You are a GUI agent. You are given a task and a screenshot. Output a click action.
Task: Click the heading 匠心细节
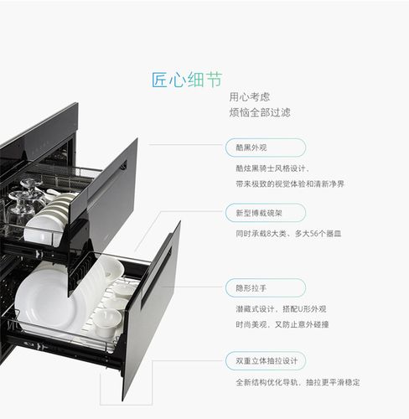[187, 80]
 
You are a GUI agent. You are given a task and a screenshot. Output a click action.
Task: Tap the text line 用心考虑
[250, 96]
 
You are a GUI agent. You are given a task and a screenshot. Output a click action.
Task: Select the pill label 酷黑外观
[251, 147]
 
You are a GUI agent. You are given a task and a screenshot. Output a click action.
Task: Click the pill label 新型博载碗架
[258, 213]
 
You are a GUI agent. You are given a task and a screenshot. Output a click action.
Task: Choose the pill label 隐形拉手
[251, 287]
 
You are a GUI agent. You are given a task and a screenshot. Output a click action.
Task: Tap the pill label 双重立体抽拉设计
[266, 361]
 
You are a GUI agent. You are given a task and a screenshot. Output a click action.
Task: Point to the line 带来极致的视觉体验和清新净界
[289, 183]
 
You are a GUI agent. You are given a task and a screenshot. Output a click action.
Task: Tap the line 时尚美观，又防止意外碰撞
[282, 323]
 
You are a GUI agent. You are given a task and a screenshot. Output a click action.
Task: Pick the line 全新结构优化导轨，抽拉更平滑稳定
[297, 382]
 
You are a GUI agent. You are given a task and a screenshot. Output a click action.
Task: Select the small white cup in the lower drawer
[108, 319]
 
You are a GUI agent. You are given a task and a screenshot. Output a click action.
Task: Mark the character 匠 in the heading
[160, 80]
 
